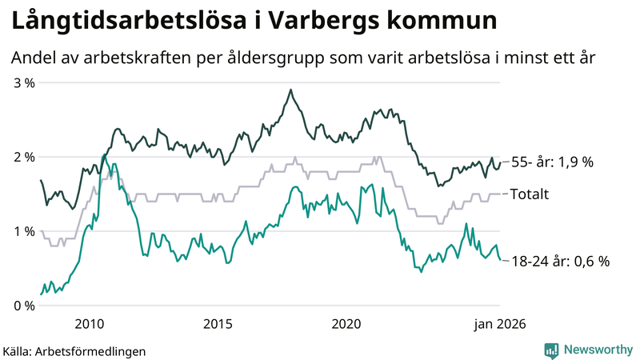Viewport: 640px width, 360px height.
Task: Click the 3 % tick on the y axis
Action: point(23,82)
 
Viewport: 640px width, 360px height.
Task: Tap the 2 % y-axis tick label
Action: point(23,157)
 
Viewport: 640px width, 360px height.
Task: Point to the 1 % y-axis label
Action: point(23,231)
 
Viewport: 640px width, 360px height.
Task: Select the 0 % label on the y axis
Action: point(23,306)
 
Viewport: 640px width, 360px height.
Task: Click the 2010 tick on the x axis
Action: point(89,323)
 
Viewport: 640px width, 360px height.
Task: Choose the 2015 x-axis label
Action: point(218,323)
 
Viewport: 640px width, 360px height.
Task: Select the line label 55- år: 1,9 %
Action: point(552,162)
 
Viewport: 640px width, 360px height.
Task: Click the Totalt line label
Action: point(529,194)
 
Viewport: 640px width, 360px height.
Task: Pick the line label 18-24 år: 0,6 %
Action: point(560,261)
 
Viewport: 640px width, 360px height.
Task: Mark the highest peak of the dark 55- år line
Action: point(290,90)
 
